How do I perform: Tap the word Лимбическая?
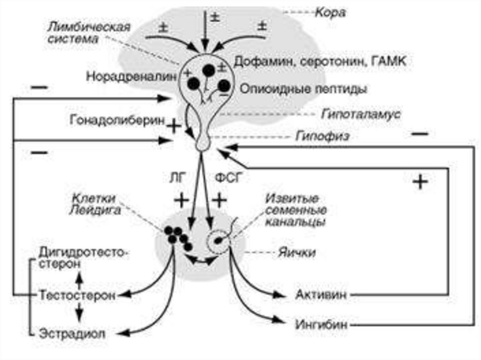coord(88,26)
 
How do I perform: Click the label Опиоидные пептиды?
coord(303,88)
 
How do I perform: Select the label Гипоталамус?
coord(361,114)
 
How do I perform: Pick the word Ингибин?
coord(322,324)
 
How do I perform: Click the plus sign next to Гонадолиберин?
coord(173,126)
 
